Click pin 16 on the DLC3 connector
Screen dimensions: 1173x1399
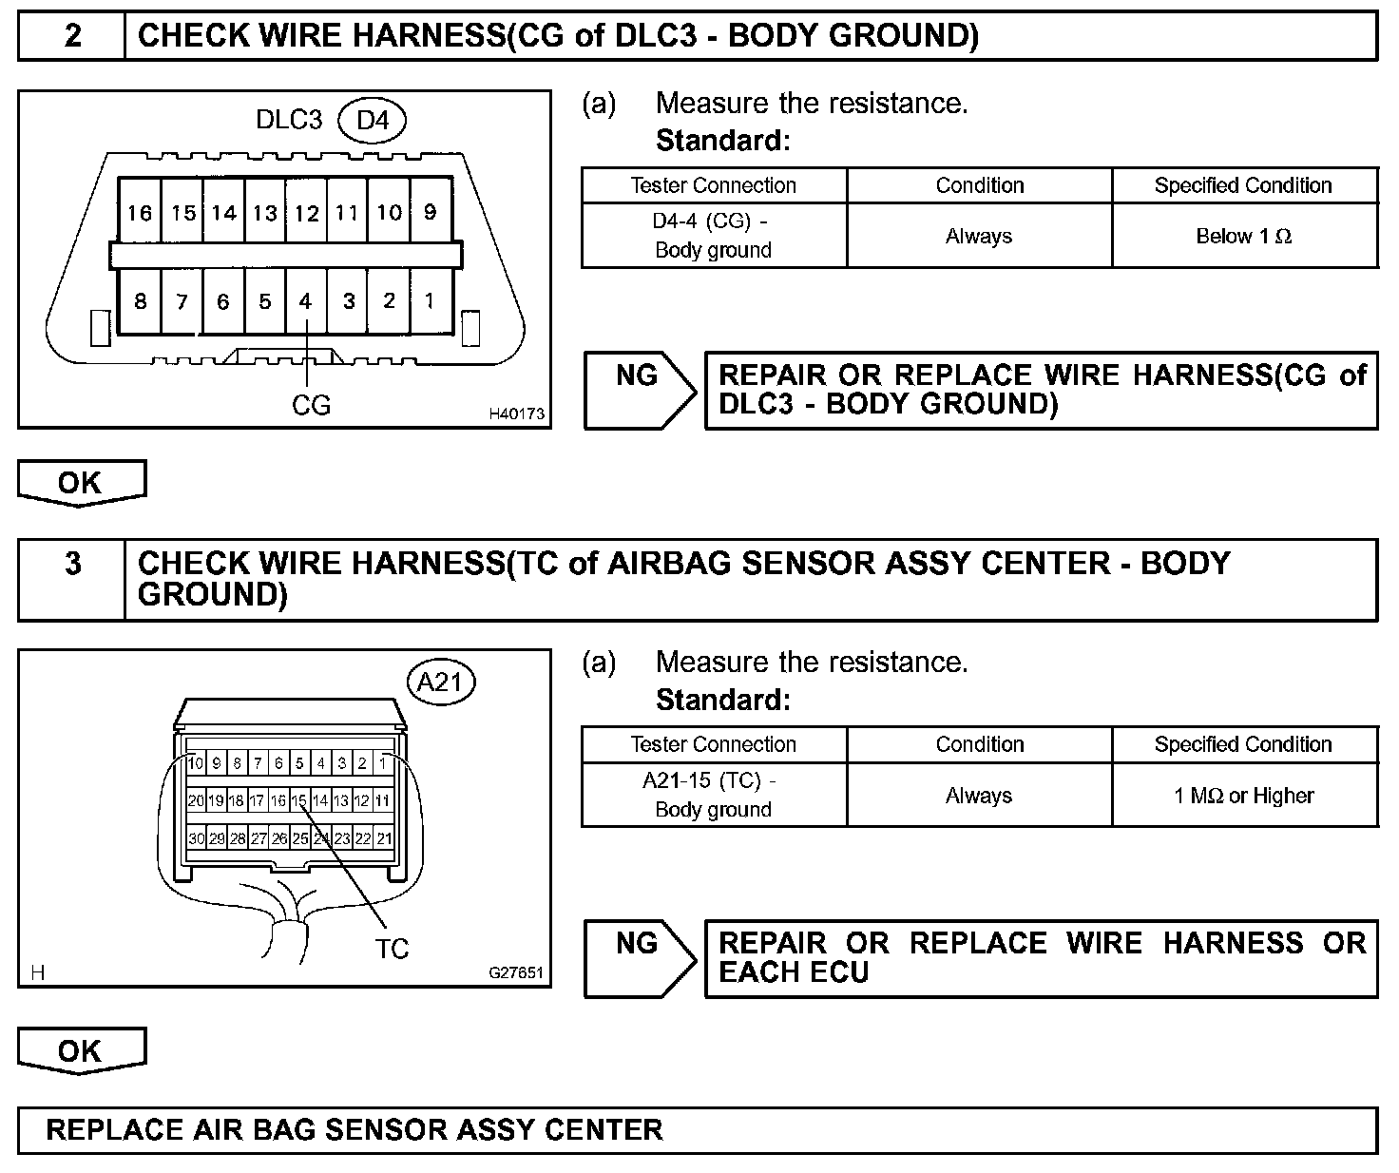pos(140,213)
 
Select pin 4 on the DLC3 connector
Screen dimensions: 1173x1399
pos(305,301)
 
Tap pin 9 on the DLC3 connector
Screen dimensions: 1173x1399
pos(430,212)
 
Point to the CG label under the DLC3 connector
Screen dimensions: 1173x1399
pos(311,406)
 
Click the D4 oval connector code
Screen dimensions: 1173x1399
pos(372,121)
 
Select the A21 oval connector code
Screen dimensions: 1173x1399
pos(440,682)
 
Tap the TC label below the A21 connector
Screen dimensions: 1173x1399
pos(392,948)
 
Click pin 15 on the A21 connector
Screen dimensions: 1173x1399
pos(299,800)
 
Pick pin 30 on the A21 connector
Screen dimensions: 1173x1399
pos(196,838)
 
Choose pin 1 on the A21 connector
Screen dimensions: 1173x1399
pos(383,762)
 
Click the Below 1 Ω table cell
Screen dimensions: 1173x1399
pos(1244,236)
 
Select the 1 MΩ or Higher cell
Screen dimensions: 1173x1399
pos(1244,796)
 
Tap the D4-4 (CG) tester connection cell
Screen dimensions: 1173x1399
pos(713,236)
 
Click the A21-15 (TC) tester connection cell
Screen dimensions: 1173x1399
pos(713,796)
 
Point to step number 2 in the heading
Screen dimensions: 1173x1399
pos(72,36)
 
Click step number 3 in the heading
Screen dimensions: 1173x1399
pos(72,564)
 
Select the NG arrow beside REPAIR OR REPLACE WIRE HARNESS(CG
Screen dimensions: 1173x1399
pos(640,390)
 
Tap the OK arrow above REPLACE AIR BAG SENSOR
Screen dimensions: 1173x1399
pos(81,1050)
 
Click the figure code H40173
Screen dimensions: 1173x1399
pos(516,413)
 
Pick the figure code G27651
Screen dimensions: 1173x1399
pos(516,972)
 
